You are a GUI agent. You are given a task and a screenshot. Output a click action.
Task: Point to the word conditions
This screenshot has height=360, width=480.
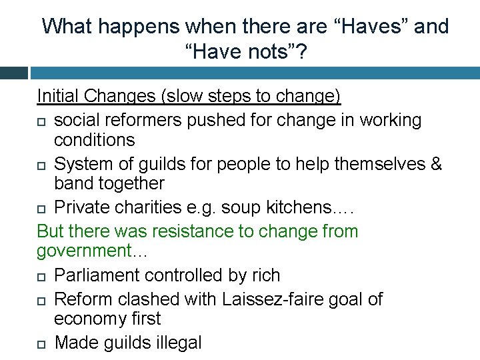click(95, 141)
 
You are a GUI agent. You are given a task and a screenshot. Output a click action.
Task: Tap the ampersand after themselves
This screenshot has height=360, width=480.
click(435, 163)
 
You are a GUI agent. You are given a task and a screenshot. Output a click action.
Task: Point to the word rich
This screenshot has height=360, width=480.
click(265, 275)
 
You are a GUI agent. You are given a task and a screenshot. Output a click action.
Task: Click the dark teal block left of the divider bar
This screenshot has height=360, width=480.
click(14, 72)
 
